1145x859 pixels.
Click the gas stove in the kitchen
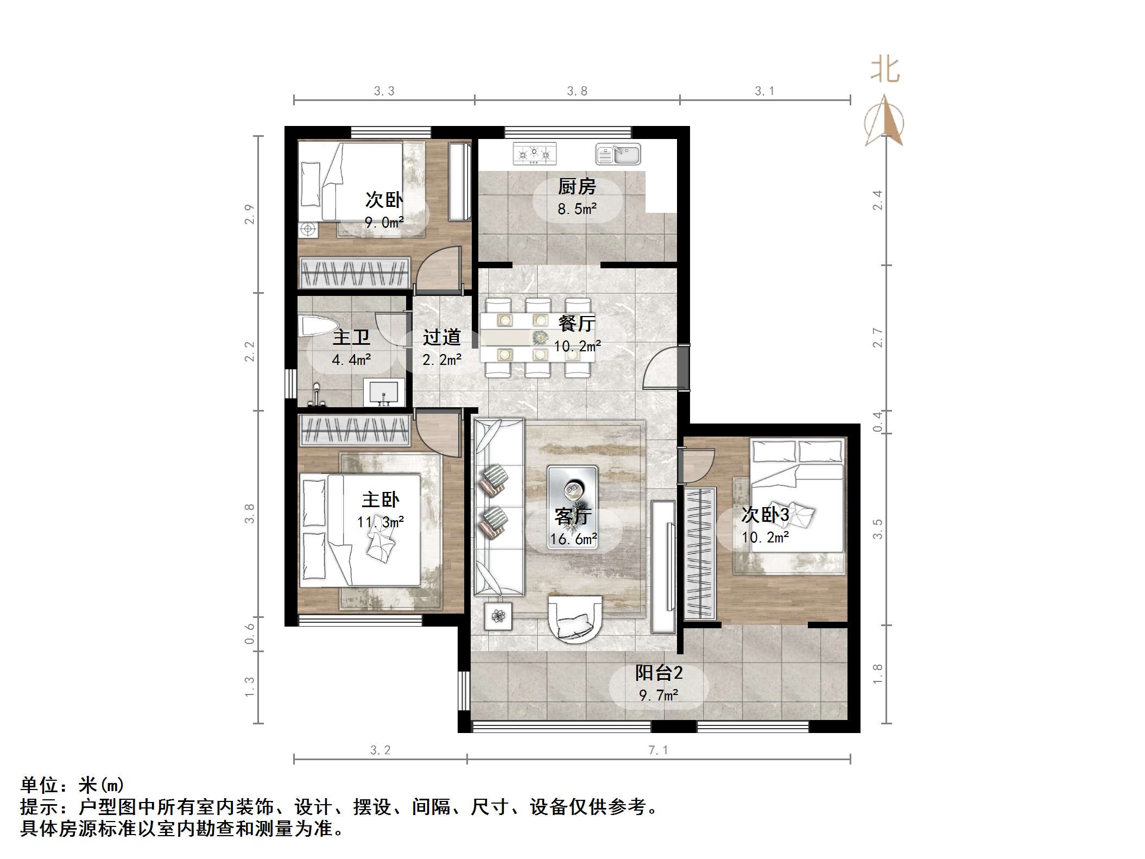[x=535, y=154]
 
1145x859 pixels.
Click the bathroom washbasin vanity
[x=384, y=392]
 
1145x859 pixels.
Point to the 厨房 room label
[x=577, y=187]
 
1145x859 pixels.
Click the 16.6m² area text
[x=573, y=539]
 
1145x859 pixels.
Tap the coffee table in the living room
[x=573, y=507]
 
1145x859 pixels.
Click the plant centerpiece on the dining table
[x=540, y=337]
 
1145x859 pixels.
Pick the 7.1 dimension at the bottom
[x=658, y=750]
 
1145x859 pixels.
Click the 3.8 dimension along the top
[x=577, y=91]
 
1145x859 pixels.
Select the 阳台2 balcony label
[x=659, y=673]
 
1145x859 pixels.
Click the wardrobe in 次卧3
[x=699, y=553]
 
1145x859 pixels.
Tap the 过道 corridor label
[x=441, y=337]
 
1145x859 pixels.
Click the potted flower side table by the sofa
[x=498, y=616]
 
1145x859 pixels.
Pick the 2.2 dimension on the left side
[x=249, y=351]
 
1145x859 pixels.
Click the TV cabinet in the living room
[x=663, y=566]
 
